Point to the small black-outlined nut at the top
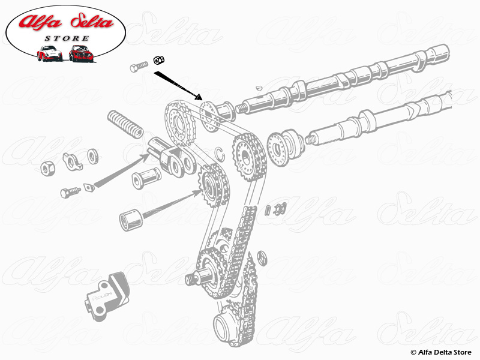pos(159,60)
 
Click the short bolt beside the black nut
pos(139,67)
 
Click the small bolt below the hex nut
pos(70,192)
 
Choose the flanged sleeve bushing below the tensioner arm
pos(146,178)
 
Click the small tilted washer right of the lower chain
pos(262,257)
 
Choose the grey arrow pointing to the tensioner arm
pos(120,170)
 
